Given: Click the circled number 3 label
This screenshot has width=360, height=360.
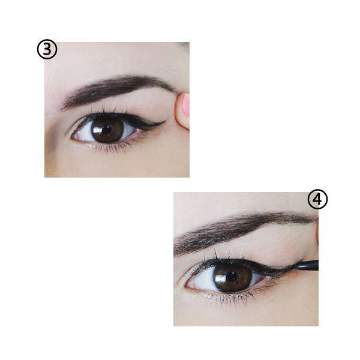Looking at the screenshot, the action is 47,49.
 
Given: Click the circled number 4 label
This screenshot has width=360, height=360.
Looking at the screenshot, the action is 317,199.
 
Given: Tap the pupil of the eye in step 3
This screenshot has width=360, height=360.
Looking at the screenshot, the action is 107,129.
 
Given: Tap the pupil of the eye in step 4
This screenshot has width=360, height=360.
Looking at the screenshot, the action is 232,276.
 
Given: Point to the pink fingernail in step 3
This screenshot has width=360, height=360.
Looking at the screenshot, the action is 185,105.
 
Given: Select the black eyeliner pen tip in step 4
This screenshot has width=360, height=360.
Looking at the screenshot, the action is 307,266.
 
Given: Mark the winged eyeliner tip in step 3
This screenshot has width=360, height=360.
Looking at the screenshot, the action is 164,122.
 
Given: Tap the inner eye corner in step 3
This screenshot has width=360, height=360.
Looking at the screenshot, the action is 73,137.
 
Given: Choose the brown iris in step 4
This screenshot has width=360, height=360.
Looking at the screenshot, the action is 233,277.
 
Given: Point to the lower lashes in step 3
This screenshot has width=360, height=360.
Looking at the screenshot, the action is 110,148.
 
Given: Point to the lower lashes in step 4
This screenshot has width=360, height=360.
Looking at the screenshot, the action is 232,298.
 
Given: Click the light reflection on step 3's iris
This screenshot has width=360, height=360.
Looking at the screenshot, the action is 97,130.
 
